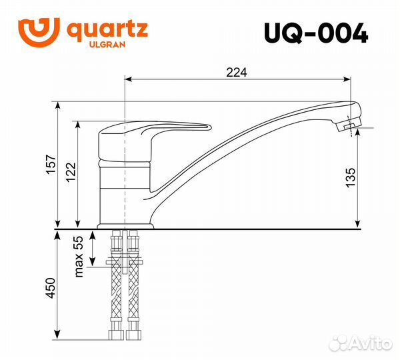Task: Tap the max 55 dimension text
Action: pyautogui.click(x=79, y=257)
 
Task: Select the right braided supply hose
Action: pyautogui.click(x=133, y=287)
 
